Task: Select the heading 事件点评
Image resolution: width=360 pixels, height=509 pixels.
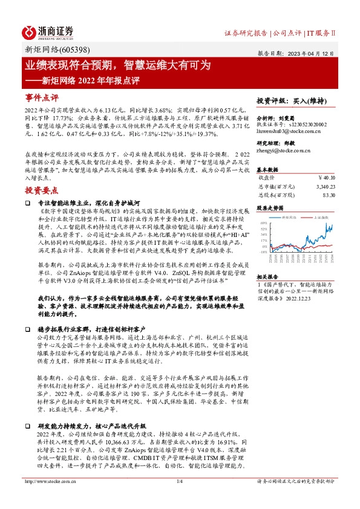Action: (42, 97)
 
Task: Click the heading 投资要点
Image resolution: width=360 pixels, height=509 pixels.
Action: (42, 173)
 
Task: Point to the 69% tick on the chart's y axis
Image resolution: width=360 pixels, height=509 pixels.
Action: (263, 223)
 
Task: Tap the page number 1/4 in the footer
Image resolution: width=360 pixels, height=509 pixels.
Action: (179, 498)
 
